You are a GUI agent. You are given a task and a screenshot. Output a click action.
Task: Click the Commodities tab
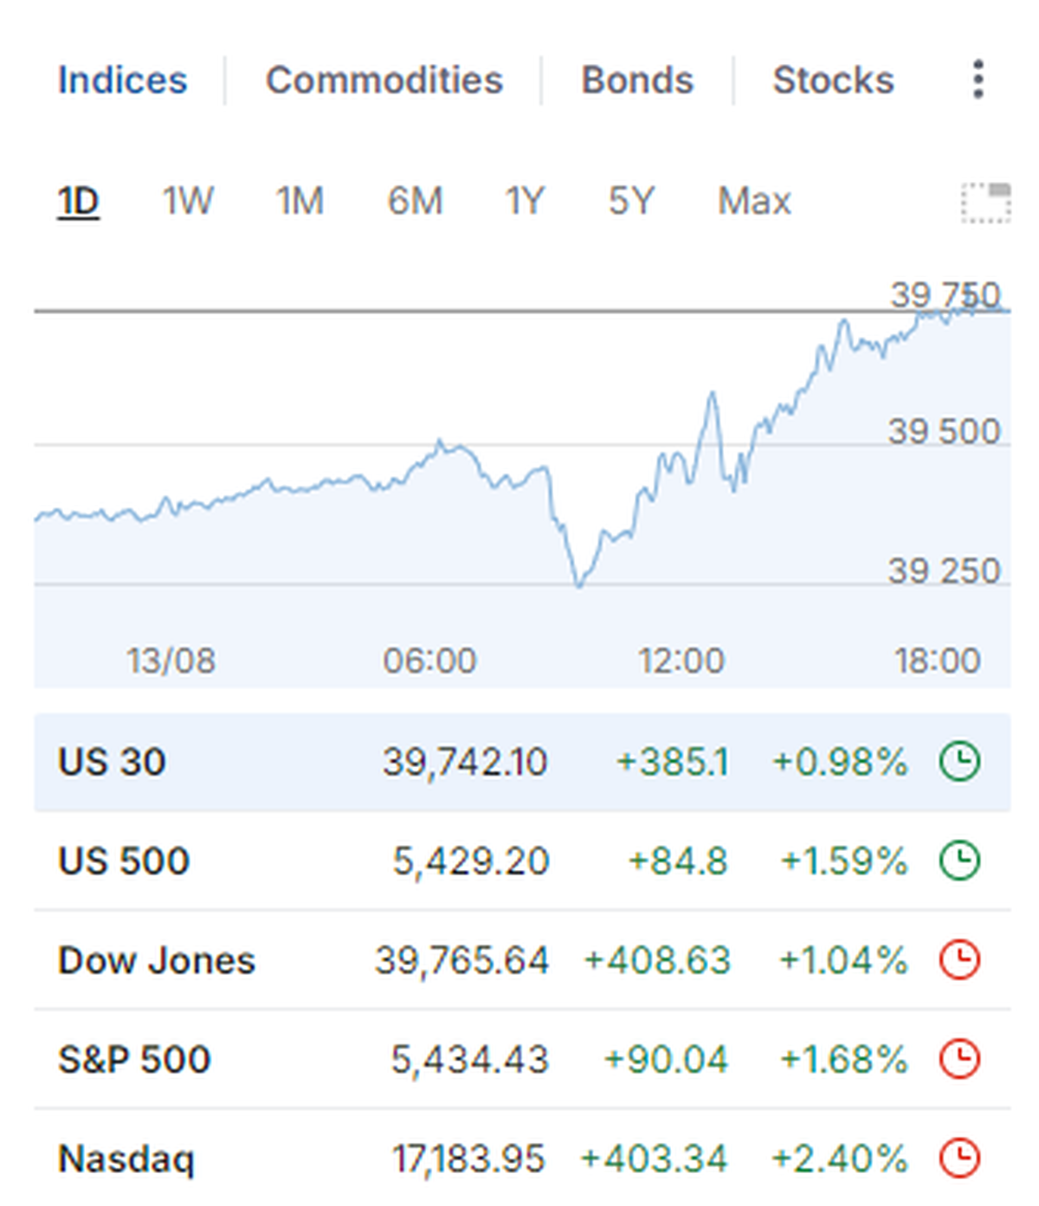point(384,81)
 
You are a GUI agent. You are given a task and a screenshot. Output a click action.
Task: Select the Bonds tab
point(637,81)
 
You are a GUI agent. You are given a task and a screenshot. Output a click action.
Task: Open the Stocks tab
point(833,81)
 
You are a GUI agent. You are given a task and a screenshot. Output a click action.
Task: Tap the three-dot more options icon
point(978,80)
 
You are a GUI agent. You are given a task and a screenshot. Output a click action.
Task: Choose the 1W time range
point(187,202)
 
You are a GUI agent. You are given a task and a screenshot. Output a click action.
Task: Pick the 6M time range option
point(415,202)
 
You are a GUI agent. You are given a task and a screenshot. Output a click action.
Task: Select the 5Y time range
point(631,202)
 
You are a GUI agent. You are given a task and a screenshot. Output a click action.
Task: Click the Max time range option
point(754,202)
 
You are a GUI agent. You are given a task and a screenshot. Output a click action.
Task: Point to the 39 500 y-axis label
point(944,431)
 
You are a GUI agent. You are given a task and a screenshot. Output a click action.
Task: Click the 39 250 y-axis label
point(944,571)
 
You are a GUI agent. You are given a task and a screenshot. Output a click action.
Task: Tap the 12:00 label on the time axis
point(681,661)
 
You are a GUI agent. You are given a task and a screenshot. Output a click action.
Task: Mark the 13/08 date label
point(171,661)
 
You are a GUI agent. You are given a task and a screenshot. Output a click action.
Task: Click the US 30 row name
point(112,762)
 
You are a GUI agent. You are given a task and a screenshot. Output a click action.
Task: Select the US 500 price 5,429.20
point(471,861)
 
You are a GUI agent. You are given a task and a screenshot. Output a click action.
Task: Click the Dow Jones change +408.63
point(657,960)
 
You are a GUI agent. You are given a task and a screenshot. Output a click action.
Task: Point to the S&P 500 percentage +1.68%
point(843,1060)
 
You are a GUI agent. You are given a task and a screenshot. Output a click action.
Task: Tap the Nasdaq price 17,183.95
point(468,1158)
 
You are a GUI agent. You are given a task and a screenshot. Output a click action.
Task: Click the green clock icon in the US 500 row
point(959,861)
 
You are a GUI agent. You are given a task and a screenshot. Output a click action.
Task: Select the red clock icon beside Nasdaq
point(959,1158)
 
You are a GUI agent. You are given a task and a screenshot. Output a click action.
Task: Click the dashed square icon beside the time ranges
point(986,203)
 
